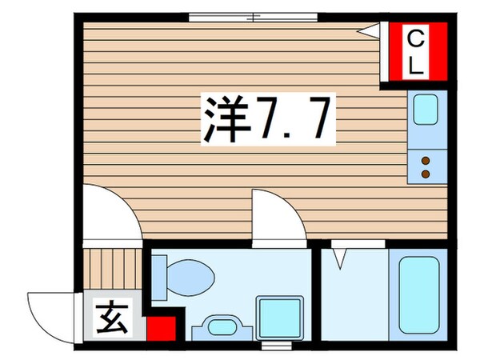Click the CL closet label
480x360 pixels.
coord(415,51)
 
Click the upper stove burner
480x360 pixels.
coord(426,161)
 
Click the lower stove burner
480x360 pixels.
coord(426,173)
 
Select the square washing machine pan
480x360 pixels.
coord(279,318)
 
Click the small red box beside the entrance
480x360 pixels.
coord(161,328)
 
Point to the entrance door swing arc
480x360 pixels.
coord(48,316)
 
